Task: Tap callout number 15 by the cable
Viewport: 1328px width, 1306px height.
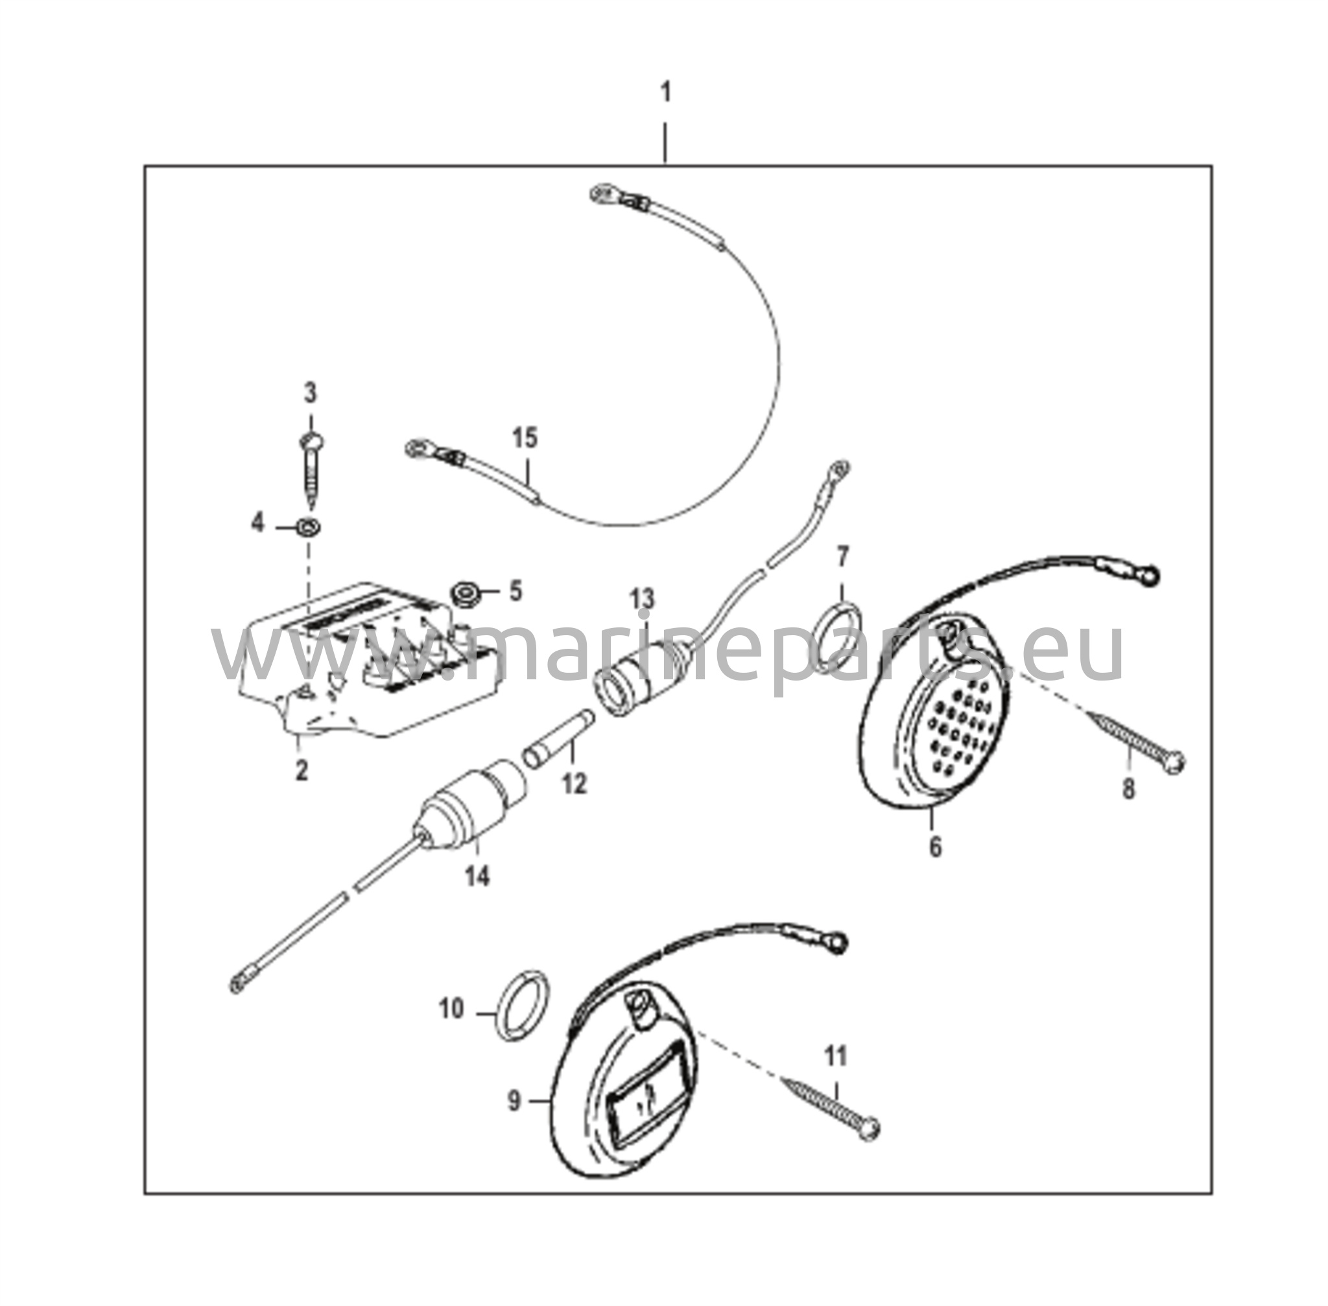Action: click(525, 438)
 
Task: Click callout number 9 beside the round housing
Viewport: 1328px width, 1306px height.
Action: click(514, 1102)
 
